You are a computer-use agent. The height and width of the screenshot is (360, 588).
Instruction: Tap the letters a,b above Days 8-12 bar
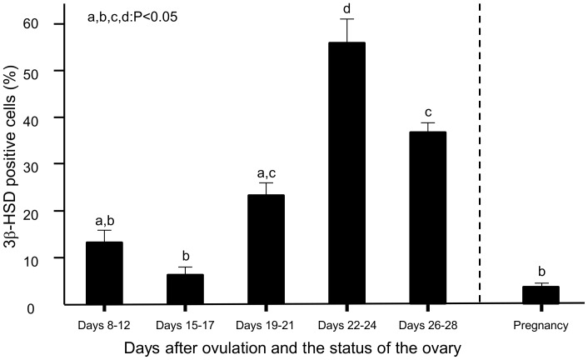(104, 220)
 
